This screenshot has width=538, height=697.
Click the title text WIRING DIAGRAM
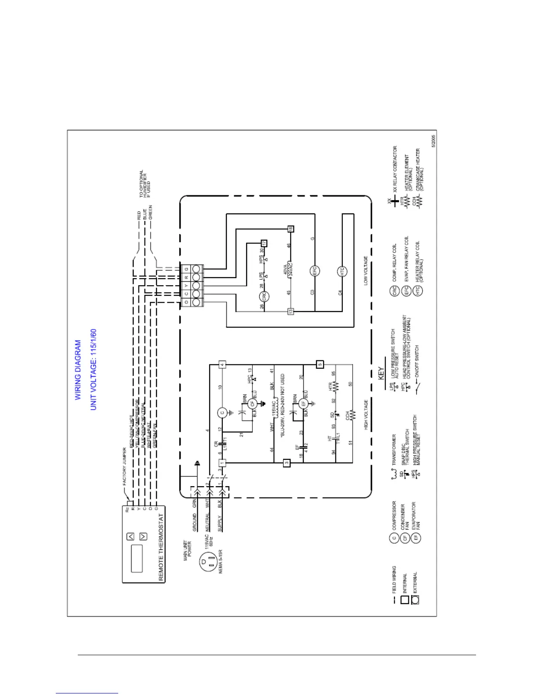click(78, 370)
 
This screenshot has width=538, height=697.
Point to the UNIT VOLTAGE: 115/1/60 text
click(93, 370)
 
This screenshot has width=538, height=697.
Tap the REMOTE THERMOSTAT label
click(161, 547)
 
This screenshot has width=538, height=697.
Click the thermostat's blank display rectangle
click(137, 558)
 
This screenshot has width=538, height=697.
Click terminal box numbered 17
click(264, 243)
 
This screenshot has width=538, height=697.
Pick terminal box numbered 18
click(290, 229)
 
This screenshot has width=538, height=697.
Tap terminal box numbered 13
click(290, 312)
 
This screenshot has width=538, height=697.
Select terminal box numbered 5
click(320, 364)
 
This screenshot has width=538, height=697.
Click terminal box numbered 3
click(287, 463)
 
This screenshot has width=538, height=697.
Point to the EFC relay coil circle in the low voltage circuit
click(315, 271)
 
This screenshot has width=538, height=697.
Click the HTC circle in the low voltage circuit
click(342, 271)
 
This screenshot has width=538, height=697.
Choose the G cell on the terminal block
click(187, 269)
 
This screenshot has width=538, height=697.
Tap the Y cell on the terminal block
click(187, 286)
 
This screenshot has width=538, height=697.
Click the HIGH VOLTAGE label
click(366, 415)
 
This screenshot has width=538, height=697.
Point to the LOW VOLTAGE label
click(366, 271)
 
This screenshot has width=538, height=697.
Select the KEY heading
click(382, 373)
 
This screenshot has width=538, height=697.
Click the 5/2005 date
click(433, 141)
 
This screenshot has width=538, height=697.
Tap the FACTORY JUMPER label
click(124, 466)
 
